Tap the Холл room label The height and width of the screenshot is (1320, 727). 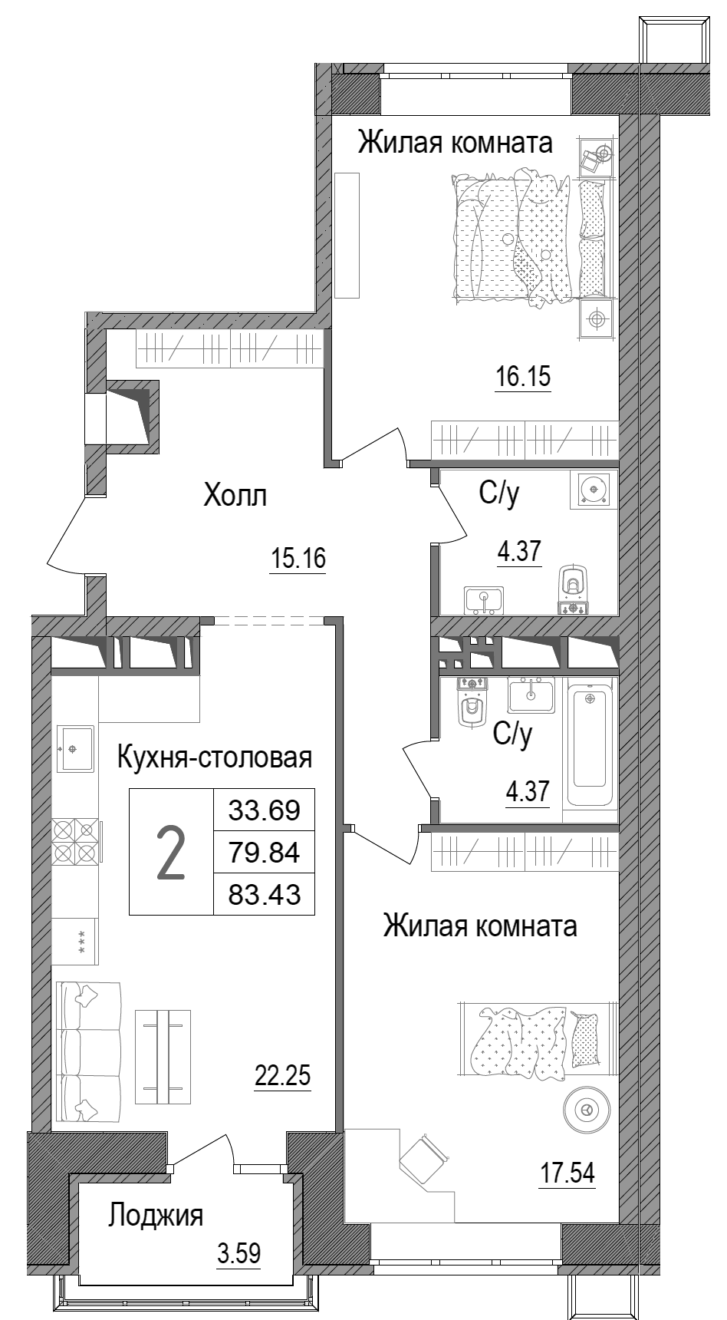coord(235,497)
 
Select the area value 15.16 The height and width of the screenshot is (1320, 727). coord(298,559)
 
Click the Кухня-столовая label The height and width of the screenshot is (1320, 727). coord(215,758)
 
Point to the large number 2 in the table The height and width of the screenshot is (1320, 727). coord(170,852)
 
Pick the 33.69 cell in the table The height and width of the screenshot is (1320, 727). coord(264,810)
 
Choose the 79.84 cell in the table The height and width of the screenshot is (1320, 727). coord(264,852)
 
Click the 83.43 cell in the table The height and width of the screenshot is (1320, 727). coord(264,894)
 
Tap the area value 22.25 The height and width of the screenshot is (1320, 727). coord(282,1076)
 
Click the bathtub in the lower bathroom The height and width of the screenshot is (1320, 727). coord(590,738)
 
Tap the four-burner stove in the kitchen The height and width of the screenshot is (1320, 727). coord(75,841)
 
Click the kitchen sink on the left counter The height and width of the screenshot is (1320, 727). coord(75,747)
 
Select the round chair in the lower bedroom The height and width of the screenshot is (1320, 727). coord(587,1108)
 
